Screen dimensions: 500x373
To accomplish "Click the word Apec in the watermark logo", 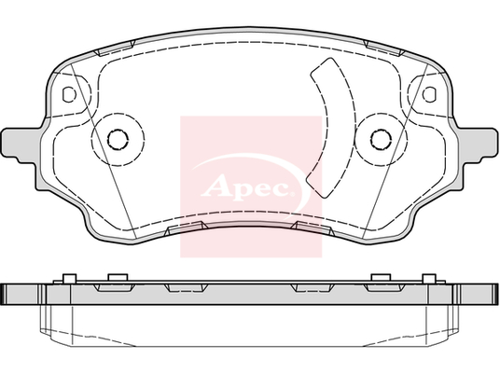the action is tap(245, 186).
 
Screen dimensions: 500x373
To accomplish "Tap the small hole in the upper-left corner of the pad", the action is tap(69, 94).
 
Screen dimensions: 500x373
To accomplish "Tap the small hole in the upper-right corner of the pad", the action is tap(429, 94).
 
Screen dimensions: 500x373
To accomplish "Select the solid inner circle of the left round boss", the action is tap(118, 139).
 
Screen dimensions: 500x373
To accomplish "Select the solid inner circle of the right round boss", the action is tap(381, 139).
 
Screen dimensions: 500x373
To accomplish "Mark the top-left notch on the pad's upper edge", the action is tap(116, 48).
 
